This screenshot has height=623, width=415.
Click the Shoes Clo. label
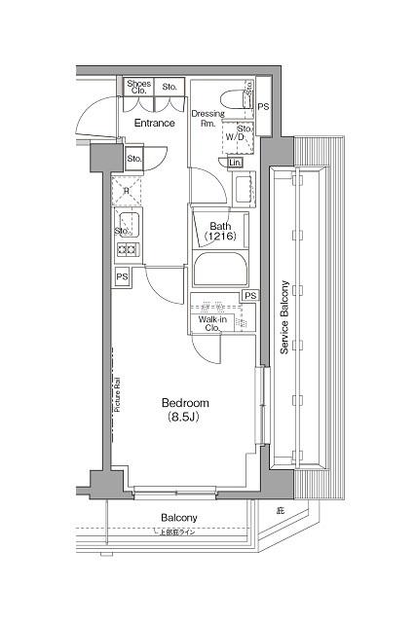click(x=138, y=89)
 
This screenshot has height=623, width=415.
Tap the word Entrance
click(x=154, y=124)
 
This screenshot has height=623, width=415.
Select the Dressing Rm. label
click(x=207, y=119)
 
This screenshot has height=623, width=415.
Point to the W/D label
click(x=237, y=138)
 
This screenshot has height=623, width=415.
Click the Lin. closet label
click(x=236, y=164)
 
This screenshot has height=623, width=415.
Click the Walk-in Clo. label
click(x=213, y=323)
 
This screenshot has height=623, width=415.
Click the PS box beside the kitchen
click(x=122, y=277)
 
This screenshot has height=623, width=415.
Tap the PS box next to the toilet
click(x=263, y=106)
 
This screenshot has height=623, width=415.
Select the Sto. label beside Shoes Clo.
click(x=170, y=87)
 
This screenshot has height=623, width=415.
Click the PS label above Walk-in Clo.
click(x=250, y=296)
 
